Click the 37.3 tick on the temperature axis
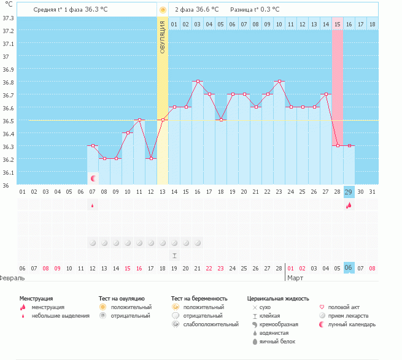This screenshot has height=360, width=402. point(8,18)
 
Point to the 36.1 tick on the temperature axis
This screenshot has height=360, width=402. point(8,172)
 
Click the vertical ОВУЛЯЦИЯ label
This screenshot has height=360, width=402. point(163,37)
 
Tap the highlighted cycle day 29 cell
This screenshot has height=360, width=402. point(349,192)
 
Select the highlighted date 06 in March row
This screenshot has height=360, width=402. point(349,268)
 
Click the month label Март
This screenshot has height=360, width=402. point(296,278)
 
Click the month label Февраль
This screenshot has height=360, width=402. point(12,278)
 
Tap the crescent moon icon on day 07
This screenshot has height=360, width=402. point(93,178)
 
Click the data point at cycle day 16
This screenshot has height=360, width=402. point(198,81)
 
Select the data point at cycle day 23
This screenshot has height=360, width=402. point(279,81)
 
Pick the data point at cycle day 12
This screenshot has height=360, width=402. point(151,158)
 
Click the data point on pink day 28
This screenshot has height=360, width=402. point(338,145)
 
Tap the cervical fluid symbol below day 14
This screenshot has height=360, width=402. point(174,255)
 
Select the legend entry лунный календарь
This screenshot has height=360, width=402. point(352,324)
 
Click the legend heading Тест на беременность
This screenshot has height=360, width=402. point(203,298)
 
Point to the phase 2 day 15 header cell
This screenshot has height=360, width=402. point(338,24)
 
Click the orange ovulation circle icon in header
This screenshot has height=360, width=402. point(163,10)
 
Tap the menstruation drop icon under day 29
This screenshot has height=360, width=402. point(349,205)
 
